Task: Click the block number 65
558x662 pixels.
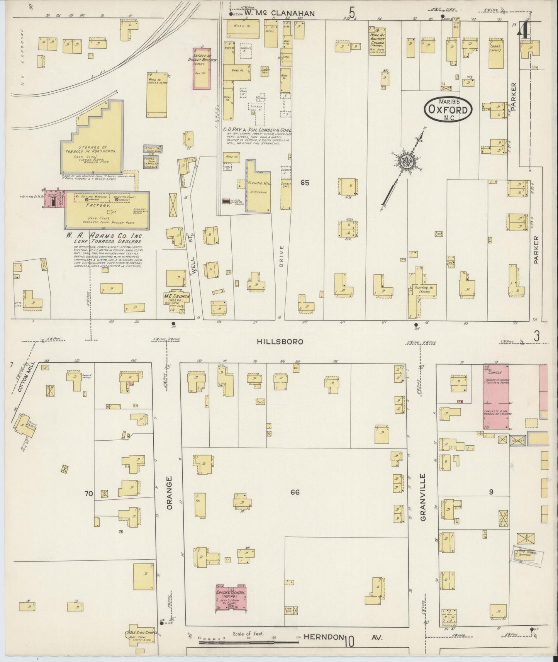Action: pyautogui.click(x=305, y=183)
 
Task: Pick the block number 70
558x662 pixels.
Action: pyautogui.click(x=89, y=493)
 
